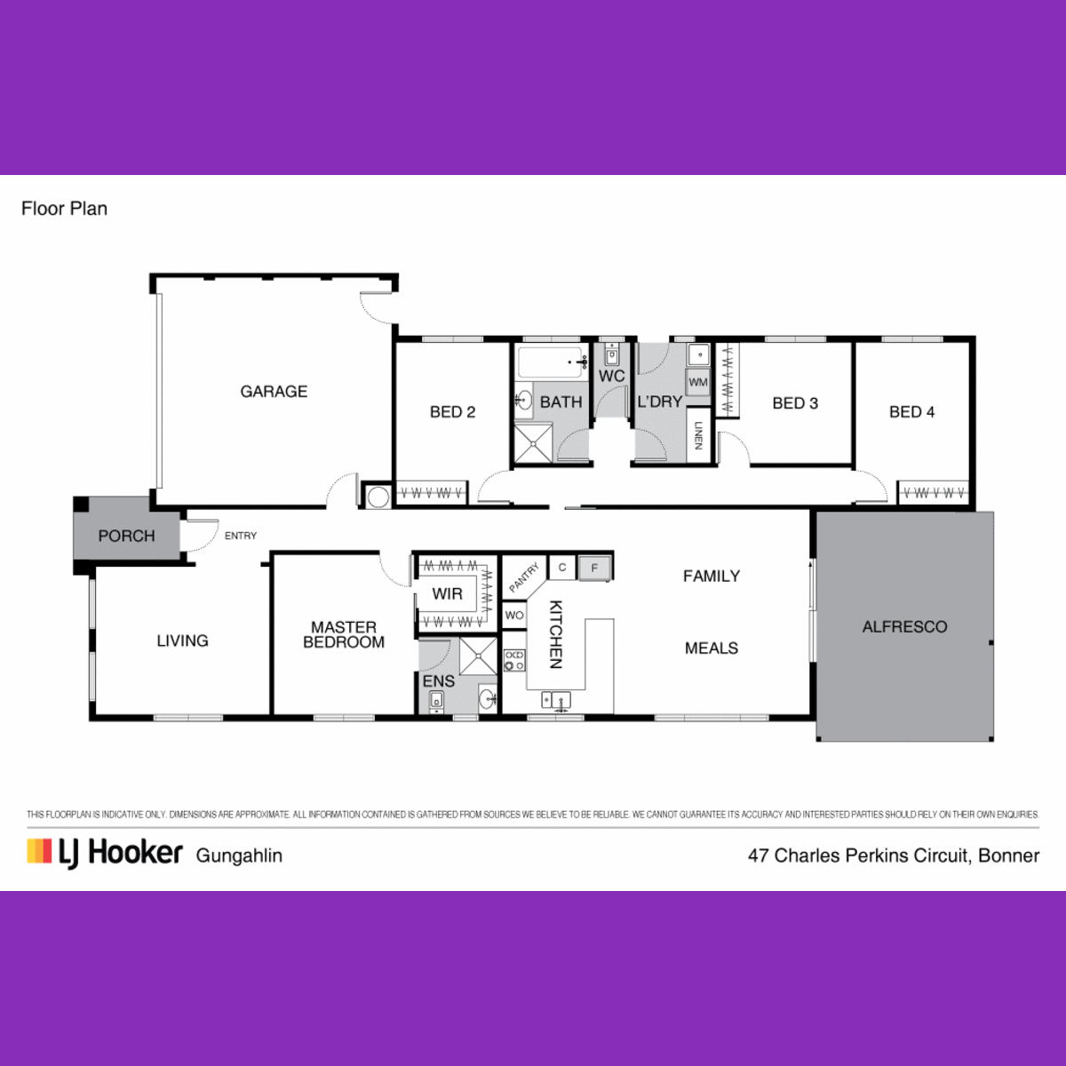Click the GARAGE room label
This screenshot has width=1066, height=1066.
274,392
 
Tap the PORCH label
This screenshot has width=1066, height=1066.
126,536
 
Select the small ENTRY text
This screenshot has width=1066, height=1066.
241,536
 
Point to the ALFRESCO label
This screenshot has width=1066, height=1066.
904,627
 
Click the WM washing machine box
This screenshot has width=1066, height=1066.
698,382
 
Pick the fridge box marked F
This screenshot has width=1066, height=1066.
594,569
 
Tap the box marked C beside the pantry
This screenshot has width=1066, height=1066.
562,568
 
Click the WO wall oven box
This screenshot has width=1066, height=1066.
514,615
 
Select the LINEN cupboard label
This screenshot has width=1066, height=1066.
698,435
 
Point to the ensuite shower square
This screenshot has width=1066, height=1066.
478,656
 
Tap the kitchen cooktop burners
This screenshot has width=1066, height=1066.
514,661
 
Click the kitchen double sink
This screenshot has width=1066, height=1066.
556,700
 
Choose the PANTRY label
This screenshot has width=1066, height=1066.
523,577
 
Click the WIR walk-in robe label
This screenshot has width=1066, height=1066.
447,593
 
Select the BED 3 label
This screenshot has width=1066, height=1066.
795,403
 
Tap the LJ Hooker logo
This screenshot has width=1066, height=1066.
105,853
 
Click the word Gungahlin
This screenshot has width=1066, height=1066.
239,855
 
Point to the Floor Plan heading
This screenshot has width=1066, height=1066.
64,209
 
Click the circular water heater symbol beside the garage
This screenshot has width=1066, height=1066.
378,497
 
